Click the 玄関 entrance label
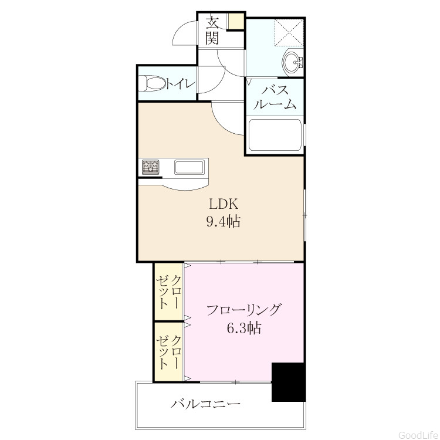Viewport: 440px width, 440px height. point(212,31)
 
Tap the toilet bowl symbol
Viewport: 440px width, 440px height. point(152,83)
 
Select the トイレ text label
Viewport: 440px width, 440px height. point(181,83)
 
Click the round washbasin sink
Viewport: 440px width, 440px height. point(292,62)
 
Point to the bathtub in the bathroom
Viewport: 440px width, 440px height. point(275,136)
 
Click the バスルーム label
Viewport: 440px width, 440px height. point(275,97)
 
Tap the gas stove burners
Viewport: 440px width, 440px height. point(151,167)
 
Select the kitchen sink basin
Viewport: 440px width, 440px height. point(189,167)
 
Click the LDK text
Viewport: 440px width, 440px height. point(224,204)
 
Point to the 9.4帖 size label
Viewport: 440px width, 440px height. point(224,222)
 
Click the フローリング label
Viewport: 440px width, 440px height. point(243,310)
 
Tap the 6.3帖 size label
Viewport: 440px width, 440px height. point(244,328)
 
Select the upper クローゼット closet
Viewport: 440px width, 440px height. point(169,291)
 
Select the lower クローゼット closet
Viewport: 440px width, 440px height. point(169,352)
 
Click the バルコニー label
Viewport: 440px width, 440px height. point(206,404)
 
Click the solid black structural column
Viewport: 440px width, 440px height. point(288,382)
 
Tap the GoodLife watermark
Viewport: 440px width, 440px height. point(418,435)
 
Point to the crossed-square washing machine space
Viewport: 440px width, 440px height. point(289,32)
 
